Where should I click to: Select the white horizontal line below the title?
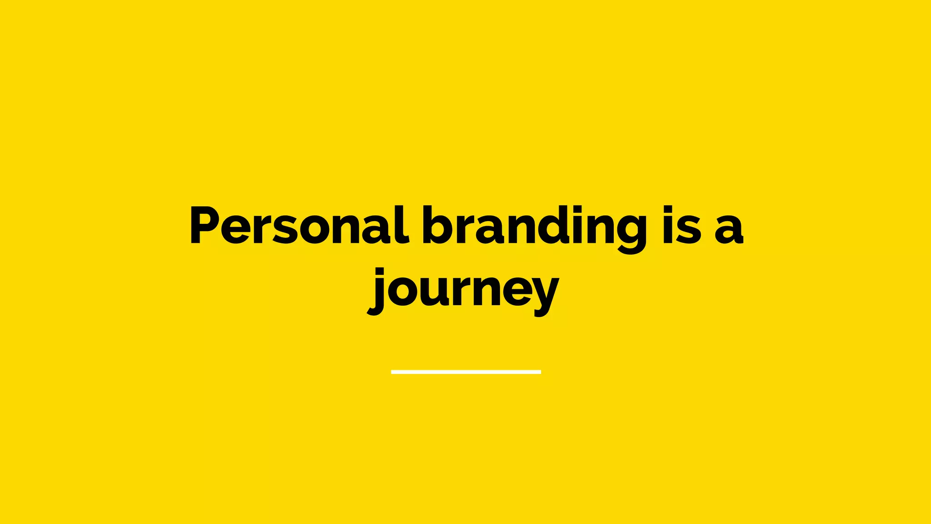pyautogui.click(x=465, y=372)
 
